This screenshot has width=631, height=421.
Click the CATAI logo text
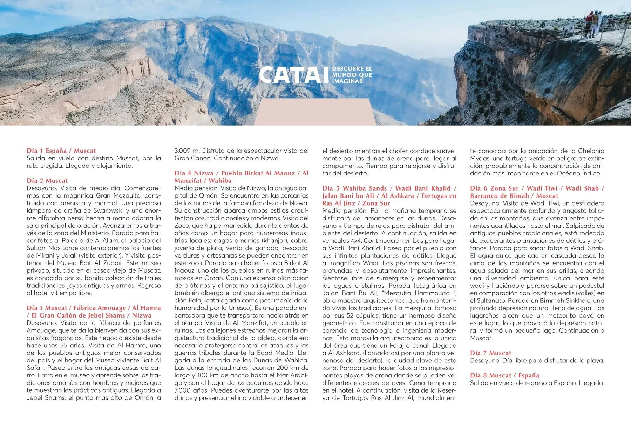(294, 75)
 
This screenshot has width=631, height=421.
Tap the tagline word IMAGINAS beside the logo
(347, 81)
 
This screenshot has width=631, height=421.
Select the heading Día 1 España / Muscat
(61, 151)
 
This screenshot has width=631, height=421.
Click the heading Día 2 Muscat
(47, 181)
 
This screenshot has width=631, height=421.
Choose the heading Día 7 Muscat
(490, 353)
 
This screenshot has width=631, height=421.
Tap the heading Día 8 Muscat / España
(504, 375)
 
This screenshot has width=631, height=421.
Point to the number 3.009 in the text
(182, 151)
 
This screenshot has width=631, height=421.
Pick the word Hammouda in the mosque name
(432, 293)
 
